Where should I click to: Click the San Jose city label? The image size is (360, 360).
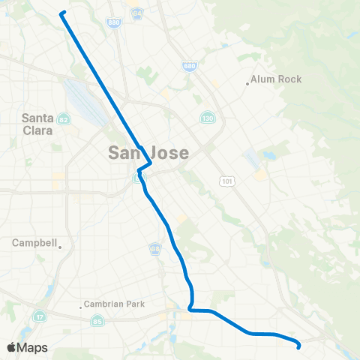148,152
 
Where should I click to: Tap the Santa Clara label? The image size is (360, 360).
37,124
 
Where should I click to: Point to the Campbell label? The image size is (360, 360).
34,243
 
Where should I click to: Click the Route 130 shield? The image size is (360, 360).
207,118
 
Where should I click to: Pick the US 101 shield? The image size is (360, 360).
226,181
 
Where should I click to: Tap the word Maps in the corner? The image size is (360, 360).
33,347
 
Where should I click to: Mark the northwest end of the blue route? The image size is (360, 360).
61,13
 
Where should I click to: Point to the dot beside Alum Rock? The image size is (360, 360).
247,83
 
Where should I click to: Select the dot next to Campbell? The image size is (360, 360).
60,246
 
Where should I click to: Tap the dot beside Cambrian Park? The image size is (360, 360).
81,306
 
